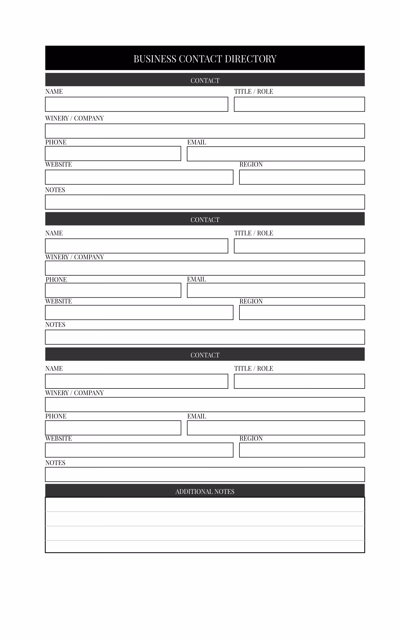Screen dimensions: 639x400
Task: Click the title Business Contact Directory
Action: [x=205, y=59]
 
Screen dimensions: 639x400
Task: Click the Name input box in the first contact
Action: [x=137, y=104]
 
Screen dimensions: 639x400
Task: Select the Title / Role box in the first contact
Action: [x=299, y=104]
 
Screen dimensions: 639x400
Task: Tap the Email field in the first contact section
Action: [x=276, y=154]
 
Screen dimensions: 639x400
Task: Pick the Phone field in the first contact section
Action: [x=113, y=153]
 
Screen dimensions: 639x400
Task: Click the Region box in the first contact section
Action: [x=302, y=177]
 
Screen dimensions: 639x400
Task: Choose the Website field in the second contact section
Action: [x=139, y=312]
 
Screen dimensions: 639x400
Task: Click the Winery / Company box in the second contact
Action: [x=205, y=268]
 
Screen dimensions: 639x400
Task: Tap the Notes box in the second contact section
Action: [x=205, y=337]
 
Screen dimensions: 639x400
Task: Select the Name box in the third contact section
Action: [x=137, y=381]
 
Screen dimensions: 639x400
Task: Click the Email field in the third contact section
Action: [x=276, y=428]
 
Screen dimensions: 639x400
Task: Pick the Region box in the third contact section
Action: [x=302, y=450]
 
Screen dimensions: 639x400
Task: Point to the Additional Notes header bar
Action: [x=205, y=491]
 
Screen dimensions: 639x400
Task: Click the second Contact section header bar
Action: [x=205, y=219]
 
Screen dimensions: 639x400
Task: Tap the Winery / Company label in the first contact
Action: [x=74, y=118]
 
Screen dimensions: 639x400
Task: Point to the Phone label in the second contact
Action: [x=56, y=280]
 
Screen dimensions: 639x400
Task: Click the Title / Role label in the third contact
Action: [x=254, y=368]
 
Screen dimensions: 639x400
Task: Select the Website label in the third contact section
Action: [x=58, y=438]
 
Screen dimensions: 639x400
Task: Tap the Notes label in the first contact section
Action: [x=55, y=190]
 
